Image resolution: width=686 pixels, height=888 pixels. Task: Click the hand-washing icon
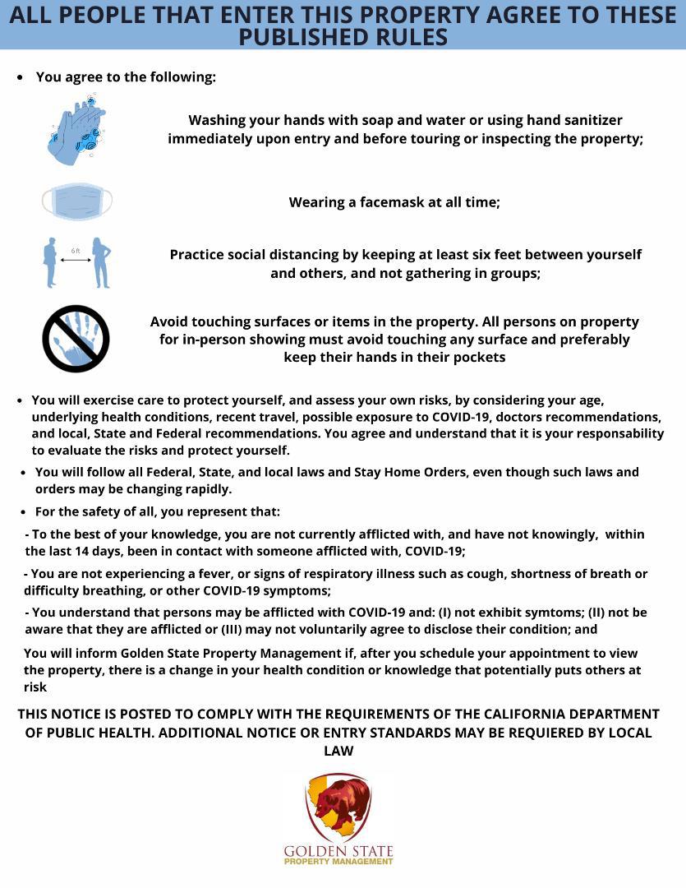click(76, 128)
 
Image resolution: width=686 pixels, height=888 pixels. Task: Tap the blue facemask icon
click(76, 202)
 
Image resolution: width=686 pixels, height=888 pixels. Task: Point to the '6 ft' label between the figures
click(76, 250)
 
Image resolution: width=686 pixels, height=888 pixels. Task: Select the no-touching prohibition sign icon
click(76, 339)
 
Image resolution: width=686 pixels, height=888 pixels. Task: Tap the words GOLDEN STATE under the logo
click(338, 850)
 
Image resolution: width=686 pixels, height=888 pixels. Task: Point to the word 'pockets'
click(477, 357)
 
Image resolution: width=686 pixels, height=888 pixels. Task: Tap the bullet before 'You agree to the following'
click(21, 77)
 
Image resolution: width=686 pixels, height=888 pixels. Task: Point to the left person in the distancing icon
click(51, 262)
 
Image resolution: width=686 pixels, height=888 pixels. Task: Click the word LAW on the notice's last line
click(338, 751)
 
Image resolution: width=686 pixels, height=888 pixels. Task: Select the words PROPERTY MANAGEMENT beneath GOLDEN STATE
click(338, 862)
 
